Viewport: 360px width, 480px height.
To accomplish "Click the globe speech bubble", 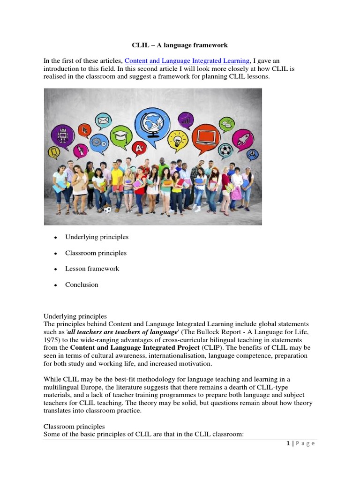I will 153,122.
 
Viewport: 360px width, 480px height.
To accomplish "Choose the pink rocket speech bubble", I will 243,139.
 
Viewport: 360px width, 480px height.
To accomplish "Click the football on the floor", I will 108,210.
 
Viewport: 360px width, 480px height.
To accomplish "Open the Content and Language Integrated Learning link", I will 187,61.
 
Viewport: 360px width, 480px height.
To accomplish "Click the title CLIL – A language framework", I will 180,45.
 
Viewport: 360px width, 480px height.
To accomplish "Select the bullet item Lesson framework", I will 92,269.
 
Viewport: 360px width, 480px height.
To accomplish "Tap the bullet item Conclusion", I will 82,285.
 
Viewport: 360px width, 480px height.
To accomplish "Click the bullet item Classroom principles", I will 96,253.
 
